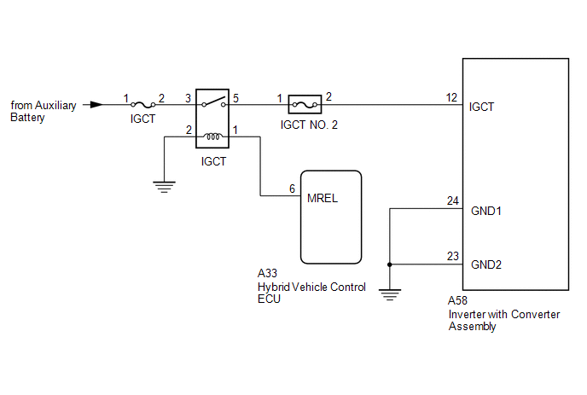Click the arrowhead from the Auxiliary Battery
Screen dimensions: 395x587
96,105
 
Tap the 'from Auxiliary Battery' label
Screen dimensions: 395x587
43,111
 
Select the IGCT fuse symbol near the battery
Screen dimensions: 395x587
142,105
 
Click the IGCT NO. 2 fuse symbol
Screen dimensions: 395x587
305,106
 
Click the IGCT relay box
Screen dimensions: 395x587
212,119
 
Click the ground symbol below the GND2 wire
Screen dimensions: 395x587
389,295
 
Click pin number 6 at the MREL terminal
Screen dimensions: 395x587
292,188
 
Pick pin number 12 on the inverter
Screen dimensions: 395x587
452,97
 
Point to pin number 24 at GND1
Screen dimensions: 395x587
452,200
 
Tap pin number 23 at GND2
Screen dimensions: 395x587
452,255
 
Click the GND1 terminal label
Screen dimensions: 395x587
485,209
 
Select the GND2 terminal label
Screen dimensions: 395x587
485,264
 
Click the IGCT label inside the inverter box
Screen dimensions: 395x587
481,107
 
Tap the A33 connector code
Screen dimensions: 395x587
267,274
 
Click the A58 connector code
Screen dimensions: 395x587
458,301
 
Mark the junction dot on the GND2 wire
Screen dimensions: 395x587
389,264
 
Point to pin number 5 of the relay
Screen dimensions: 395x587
235,97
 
